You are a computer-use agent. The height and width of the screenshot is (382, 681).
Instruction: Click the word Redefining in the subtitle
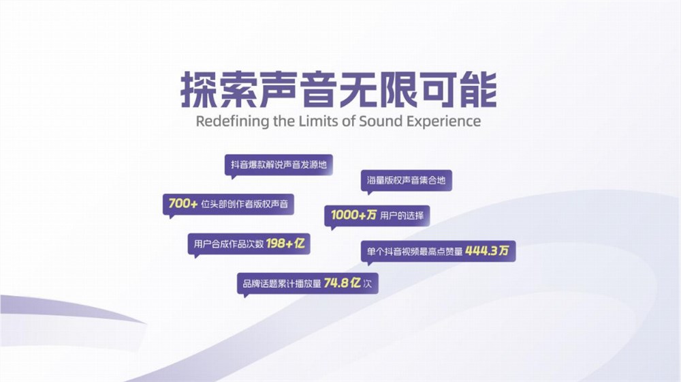click(233, 121)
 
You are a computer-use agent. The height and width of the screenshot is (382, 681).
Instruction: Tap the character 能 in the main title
click(478, 90)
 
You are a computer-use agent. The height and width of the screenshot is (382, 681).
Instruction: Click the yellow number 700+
click(183, 203)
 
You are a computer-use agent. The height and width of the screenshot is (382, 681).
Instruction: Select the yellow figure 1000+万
click(353, 215)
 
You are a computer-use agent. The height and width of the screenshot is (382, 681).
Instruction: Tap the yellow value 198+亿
click(285, 244)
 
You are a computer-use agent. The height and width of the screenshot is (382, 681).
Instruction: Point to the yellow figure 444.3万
click(487, 250)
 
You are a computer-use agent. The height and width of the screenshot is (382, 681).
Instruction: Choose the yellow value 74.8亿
click(343, 283)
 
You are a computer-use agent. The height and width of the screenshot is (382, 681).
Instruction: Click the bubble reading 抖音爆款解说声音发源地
click(279, 166)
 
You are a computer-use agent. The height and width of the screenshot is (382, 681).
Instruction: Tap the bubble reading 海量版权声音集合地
click(406, 181)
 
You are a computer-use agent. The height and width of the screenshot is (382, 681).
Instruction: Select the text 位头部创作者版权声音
click(244, 204)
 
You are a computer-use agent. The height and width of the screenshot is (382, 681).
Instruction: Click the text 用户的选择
click(402, 216)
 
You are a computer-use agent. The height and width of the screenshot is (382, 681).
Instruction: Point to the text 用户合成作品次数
click(228, 244)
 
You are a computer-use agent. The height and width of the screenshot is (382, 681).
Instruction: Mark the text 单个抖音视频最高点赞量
click(415, 251)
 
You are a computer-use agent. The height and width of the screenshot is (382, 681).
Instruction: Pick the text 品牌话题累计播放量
click(282, 284)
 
